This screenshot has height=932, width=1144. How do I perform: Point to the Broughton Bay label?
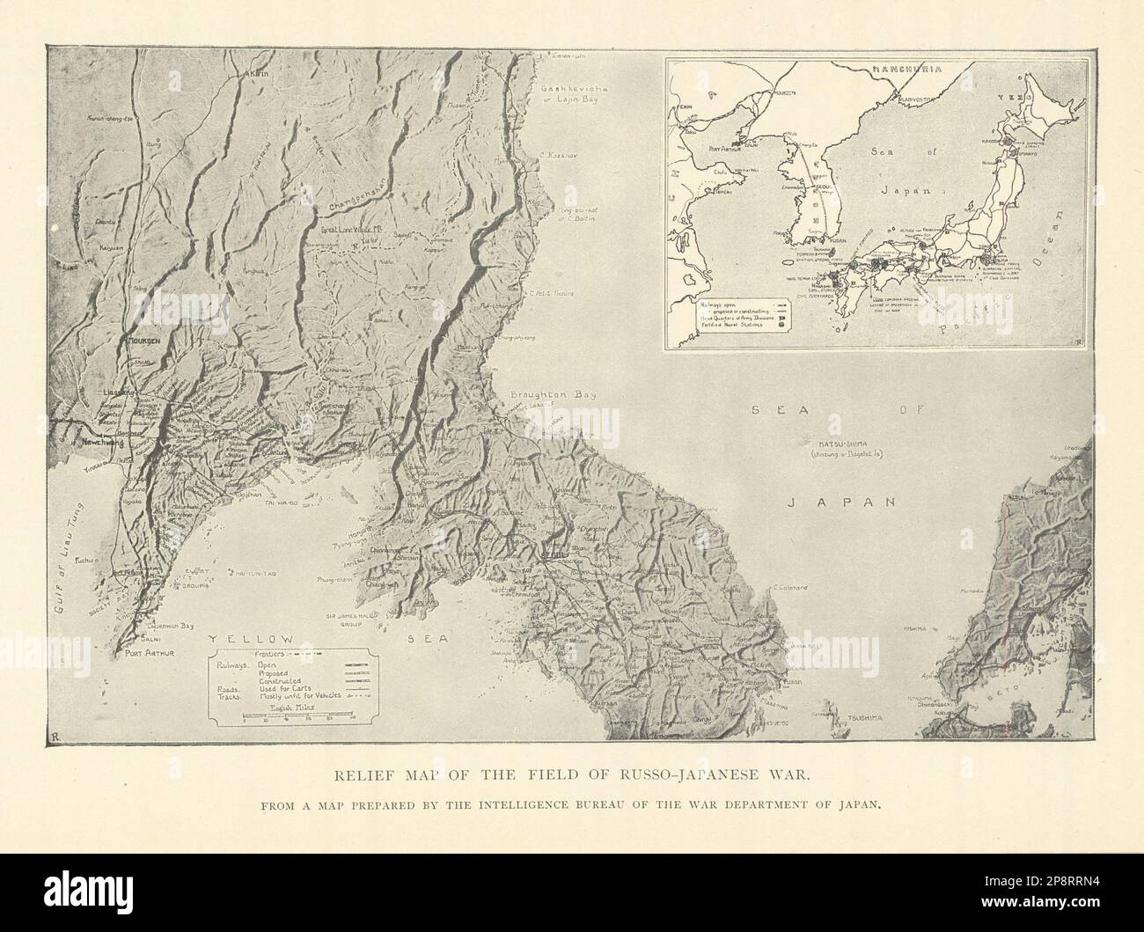[x=546, y=396]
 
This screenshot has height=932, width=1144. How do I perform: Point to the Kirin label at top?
[x=261, y=75]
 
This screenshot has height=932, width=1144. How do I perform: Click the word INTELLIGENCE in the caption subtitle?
[x=623, y=804]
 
